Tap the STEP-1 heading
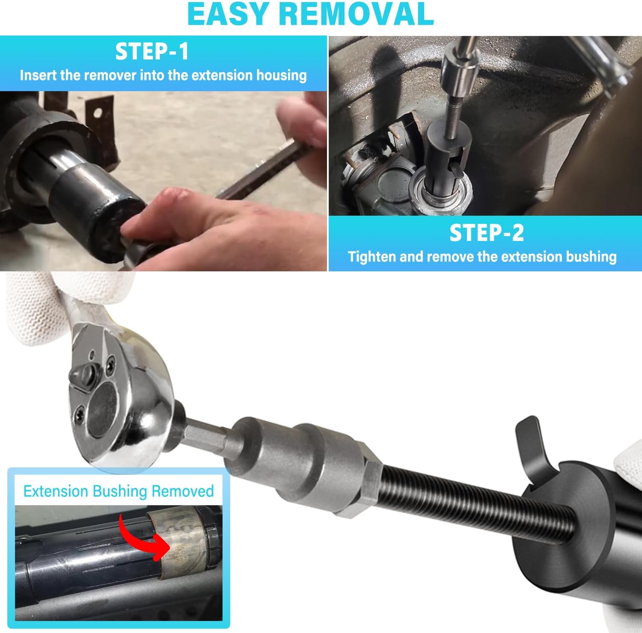[x=152, y=51]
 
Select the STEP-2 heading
[x=486, y=233]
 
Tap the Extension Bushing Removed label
[x=119, y=491]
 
